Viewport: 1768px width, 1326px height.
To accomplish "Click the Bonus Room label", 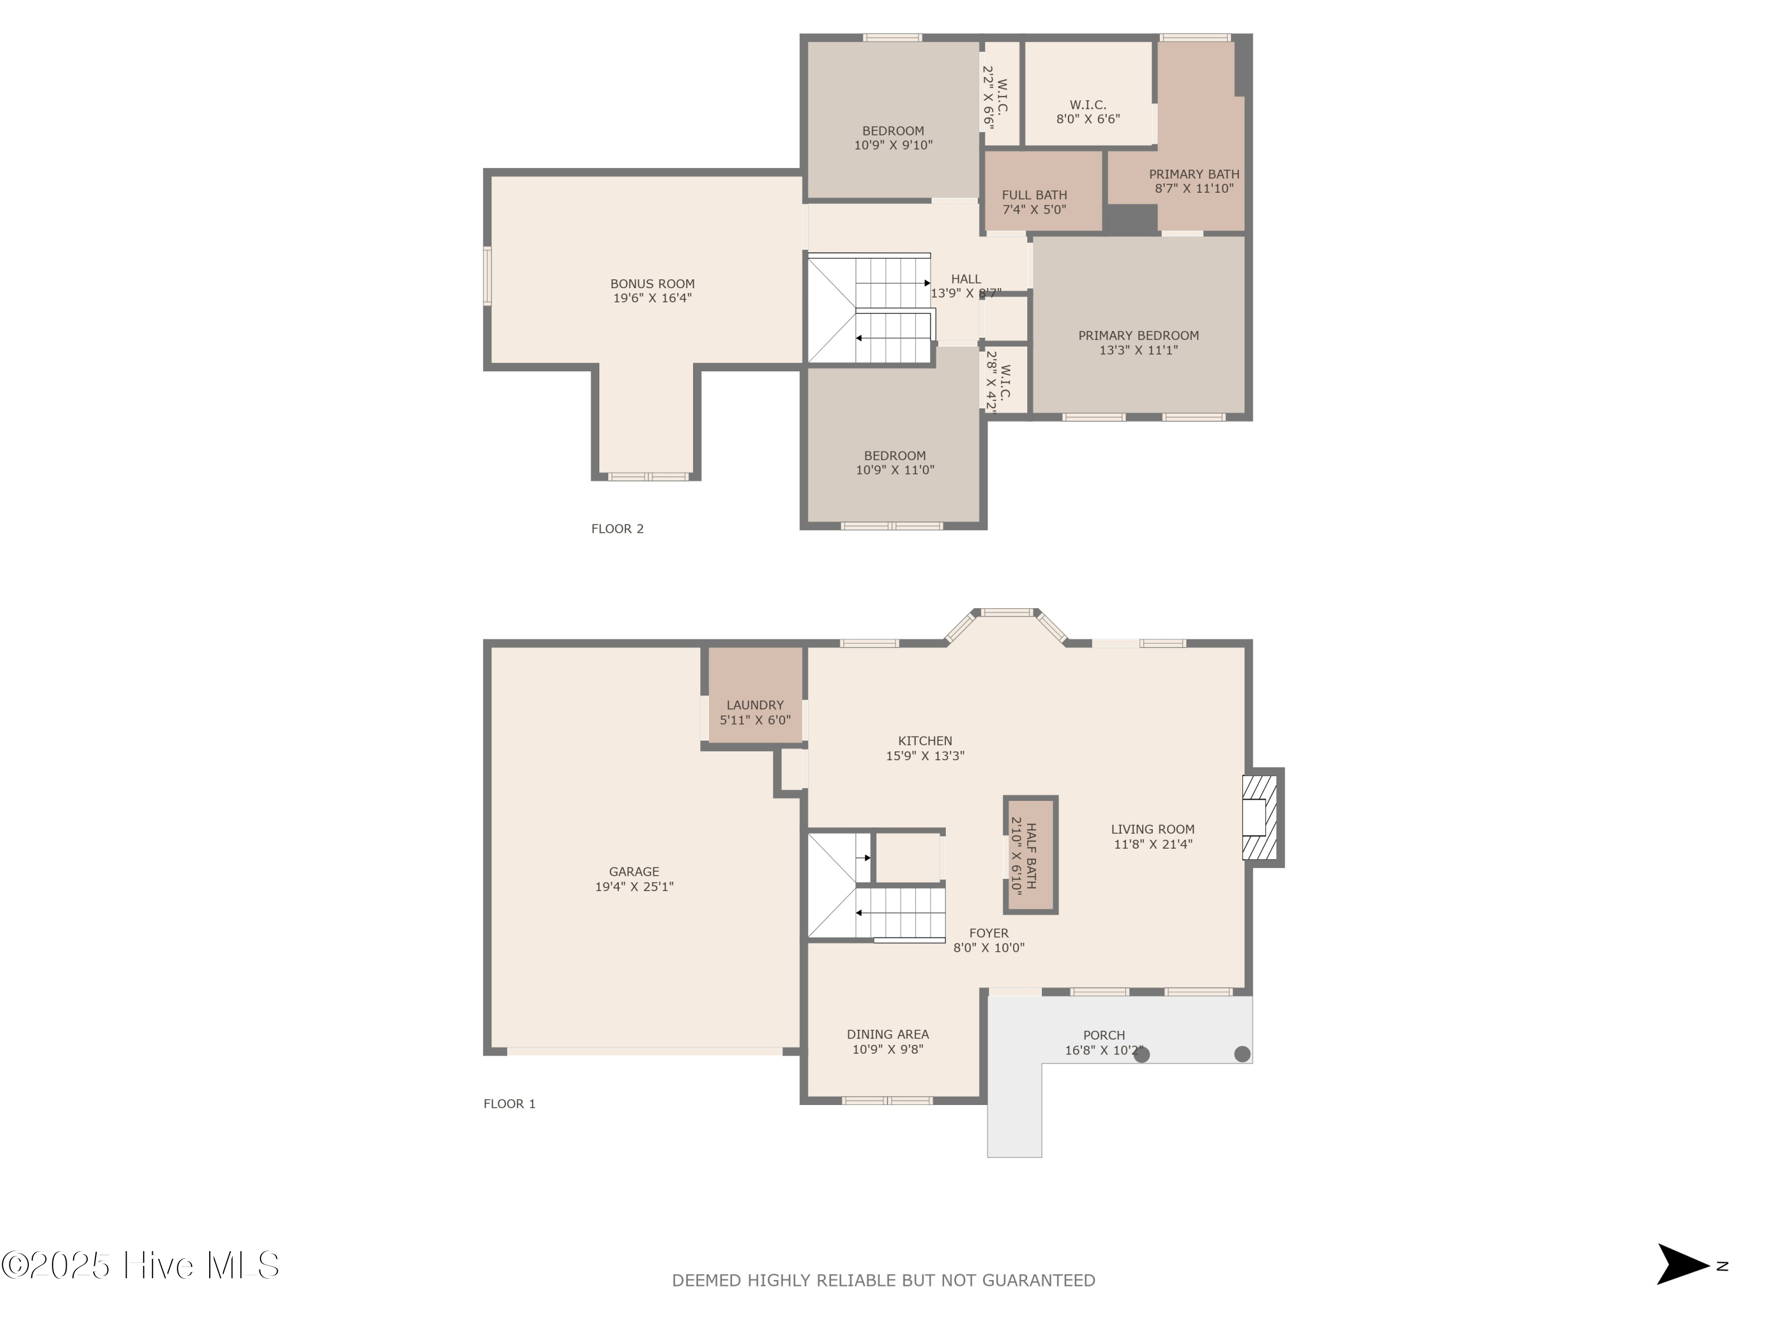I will tap(652, 283).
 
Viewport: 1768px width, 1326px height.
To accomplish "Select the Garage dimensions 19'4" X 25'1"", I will tap(634, 886).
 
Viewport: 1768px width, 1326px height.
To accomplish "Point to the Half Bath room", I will tap(1030, 855).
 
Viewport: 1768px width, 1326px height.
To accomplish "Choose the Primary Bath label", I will tap(1193, 174).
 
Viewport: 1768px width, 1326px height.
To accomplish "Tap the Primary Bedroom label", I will tap(1138, 336).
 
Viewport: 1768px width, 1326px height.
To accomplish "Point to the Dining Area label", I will tap(887, 1034).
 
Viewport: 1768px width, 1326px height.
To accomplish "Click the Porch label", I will tap(1104, 1035).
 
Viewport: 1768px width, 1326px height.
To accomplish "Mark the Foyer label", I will tap(989, 933).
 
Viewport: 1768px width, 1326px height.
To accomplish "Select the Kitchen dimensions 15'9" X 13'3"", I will tap(925, 756).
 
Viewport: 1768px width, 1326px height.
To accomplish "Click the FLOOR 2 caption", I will tap(617, 528).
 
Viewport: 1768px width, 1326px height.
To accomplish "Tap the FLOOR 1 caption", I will tap(509, 1104).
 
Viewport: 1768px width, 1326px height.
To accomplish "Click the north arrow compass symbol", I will tap(1680, 1265).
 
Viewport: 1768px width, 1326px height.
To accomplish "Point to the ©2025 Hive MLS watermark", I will tap(140, 1265).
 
